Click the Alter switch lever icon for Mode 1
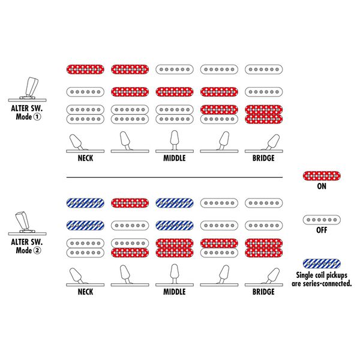28,89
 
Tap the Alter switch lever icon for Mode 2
28,223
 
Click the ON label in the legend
322,186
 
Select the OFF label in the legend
322,230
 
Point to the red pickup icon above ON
322,176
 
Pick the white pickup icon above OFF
322,220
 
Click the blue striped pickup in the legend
322,263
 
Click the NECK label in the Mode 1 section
85,158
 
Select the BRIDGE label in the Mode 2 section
263,292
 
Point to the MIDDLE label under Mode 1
175,158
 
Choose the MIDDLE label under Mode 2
175,292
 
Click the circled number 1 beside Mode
37,117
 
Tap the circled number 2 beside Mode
37,250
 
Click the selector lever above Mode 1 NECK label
85,143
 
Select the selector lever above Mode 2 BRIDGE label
264,277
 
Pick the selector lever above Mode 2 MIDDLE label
175,275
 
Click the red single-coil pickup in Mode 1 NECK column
85,70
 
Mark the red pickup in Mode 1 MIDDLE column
175,92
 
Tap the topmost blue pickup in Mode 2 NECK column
85,203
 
